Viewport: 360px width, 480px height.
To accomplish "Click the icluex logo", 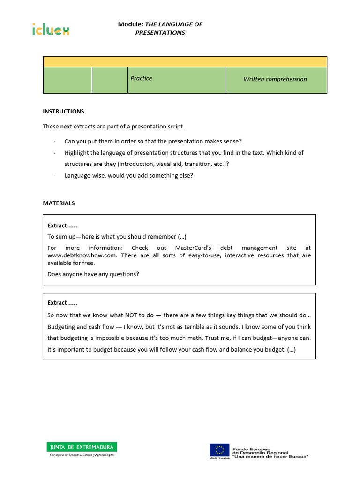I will (x=51, y=30).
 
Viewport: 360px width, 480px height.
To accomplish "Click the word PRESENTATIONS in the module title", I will (x=160, y=33).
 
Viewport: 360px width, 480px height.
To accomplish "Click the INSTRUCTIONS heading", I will (x=63, y=112).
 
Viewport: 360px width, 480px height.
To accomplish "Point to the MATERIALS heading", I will (x=59, y=203).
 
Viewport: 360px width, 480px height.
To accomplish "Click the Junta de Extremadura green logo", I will (x=81, y=447).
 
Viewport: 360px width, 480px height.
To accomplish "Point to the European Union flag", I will (x=219, y=450).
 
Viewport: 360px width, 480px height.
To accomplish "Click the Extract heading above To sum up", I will (x=62, y=225).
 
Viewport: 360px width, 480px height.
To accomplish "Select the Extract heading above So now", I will (x=62, y=303).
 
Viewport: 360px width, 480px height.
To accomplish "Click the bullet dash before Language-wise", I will (x=55, y=176).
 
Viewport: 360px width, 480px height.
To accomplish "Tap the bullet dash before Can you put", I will (x=55, y=142).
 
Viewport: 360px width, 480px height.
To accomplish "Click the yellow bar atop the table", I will (x=185, y=62).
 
